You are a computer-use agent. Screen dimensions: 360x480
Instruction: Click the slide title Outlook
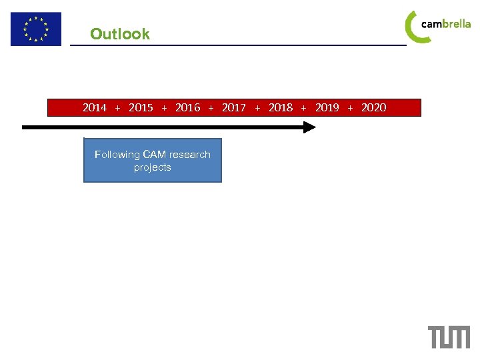pyautogui.click(x=120, y=34)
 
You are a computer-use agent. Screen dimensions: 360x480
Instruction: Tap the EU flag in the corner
pyautogui.click(x=35, y=29)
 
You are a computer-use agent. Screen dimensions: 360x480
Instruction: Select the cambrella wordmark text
pyautogui.click(x=446, y=24)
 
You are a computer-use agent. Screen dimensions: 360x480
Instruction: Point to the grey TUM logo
pyautogui.click(x=449, y=337)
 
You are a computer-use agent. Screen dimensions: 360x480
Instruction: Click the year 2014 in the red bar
pyautogui.click(x=95, y=107)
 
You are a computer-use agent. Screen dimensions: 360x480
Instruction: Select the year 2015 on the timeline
pyautogui.click(x=141, y=107)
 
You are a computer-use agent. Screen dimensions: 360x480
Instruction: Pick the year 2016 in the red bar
pyautogui.click(x=187, y=107)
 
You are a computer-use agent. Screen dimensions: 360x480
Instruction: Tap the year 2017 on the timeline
pyautogui.click(x=234, y=107)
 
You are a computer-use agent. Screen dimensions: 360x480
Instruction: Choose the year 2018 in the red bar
pyautogui.click(x=281, y=107)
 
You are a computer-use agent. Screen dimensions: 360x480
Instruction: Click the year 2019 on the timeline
pyautogui.click(x=327, y=107)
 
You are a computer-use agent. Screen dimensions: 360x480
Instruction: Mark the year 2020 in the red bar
pyautogui.click(x=373, y=107)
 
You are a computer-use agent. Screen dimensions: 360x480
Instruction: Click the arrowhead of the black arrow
pyautogui.click(x=309, y=127)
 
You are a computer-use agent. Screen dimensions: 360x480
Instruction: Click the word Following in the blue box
pyautogui.click(x=117, y=155)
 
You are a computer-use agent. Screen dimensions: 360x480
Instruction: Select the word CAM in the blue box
pyautogui.click(x=155, y=155)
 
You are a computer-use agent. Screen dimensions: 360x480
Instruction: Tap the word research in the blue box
pyautogui.click(x=190, y=155)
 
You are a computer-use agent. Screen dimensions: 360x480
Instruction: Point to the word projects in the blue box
pyautogui.click(x=152, y=167)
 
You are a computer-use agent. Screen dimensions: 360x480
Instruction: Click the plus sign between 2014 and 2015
pyautogui.click(x=118, y=108)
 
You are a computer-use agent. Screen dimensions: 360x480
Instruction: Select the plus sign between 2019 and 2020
pyautogui.click(x=351, y=108)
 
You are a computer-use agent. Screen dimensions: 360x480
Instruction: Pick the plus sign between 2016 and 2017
pyautogui.click(x=211, y=108)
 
